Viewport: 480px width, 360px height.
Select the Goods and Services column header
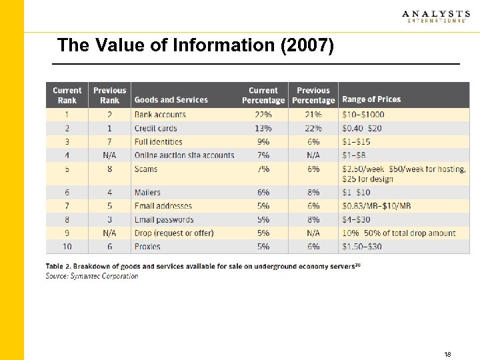pos(171,100)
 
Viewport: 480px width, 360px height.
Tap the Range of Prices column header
pos(371,99)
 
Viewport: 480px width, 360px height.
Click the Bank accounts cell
pos(160,115)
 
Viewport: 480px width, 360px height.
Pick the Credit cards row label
pos(155,128)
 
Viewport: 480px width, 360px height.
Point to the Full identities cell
pos(158,142)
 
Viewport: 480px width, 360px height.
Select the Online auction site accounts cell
pos(184,155)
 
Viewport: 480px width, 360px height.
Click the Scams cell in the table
pos(146,169)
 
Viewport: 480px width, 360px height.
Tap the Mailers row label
pos(148,193)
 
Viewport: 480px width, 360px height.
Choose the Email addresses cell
pos(163,206)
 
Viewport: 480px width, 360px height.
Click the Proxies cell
pos(147,247)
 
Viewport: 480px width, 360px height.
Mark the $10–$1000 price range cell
pos(363,115)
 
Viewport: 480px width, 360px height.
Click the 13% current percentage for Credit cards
pos(263,128)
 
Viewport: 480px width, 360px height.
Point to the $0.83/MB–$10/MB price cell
pos(376,206)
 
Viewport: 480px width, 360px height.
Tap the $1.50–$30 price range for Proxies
pos(361,247)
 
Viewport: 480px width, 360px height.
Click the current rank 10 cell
pos(67,247)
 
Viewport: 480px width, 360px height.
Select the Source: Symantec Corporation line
pos(92,276)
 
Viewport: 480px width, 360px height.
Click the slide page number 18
pos(447,354)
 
